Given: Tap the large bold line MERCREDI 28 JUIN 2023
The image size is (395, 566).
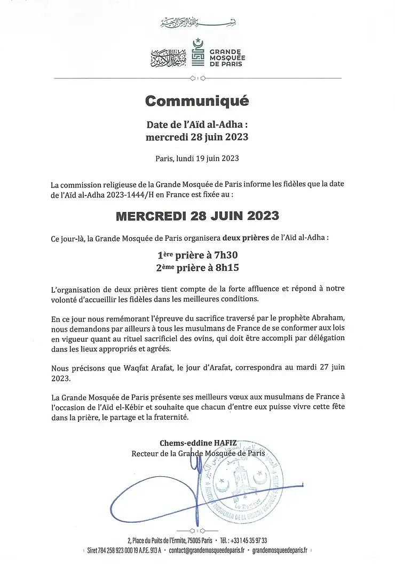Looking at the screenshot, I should click(x=197, y=216).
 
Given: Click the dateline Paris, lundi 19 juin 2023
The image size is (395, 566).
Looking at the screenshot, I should click(x=197, y=158).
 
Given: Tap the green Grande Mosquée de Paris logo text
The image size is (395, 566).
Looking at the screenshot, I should click(x=224, y=58).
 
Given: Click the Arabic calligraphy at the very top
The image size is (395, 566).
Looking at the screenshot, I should click(x=197, y=24).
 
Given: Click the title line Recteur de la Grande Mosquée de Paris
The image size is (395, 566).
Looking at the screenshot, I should click(x=197, y=454).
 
